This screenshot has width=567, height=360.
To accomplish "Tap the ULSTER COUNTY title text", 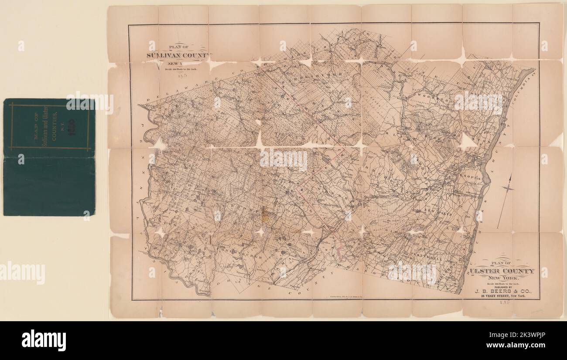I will click(x=506, y=271).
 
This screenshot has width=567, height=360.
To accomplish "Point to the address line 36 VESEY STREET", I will click(x=506, y=296).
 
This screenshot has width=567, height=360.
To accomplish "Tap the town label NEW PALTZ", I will click(x=436, y=211).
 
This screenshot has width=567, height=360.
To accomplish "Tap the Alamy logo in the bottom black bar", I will click(x=44, y=340).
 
